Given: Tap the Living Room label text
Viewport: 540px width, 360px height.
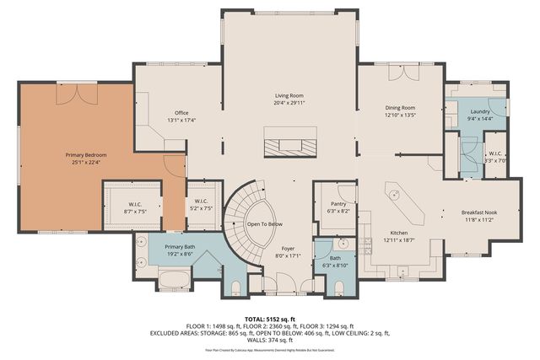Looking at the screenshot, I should pos(289,96).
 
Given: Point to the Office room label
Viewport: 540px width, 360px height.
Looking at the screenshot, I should pos(181,112).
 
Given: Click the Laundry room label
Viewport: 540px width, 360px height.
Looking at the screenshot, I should pos(481,111).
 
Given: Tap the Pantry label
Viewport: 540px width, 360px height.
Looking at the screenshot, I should pos(325,203).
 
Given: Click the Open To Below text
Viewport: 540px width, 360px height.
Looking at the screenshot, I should pos(264,224).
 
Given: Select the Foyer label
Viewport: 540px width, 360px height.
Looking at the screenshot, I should pos(289,249).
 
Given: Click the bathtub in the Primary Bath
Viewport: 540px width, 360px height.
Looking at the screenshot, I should pos(175,278).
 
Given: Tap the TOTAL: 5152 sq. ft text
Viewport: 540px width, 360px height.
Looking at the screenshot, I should pos(270,318).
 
